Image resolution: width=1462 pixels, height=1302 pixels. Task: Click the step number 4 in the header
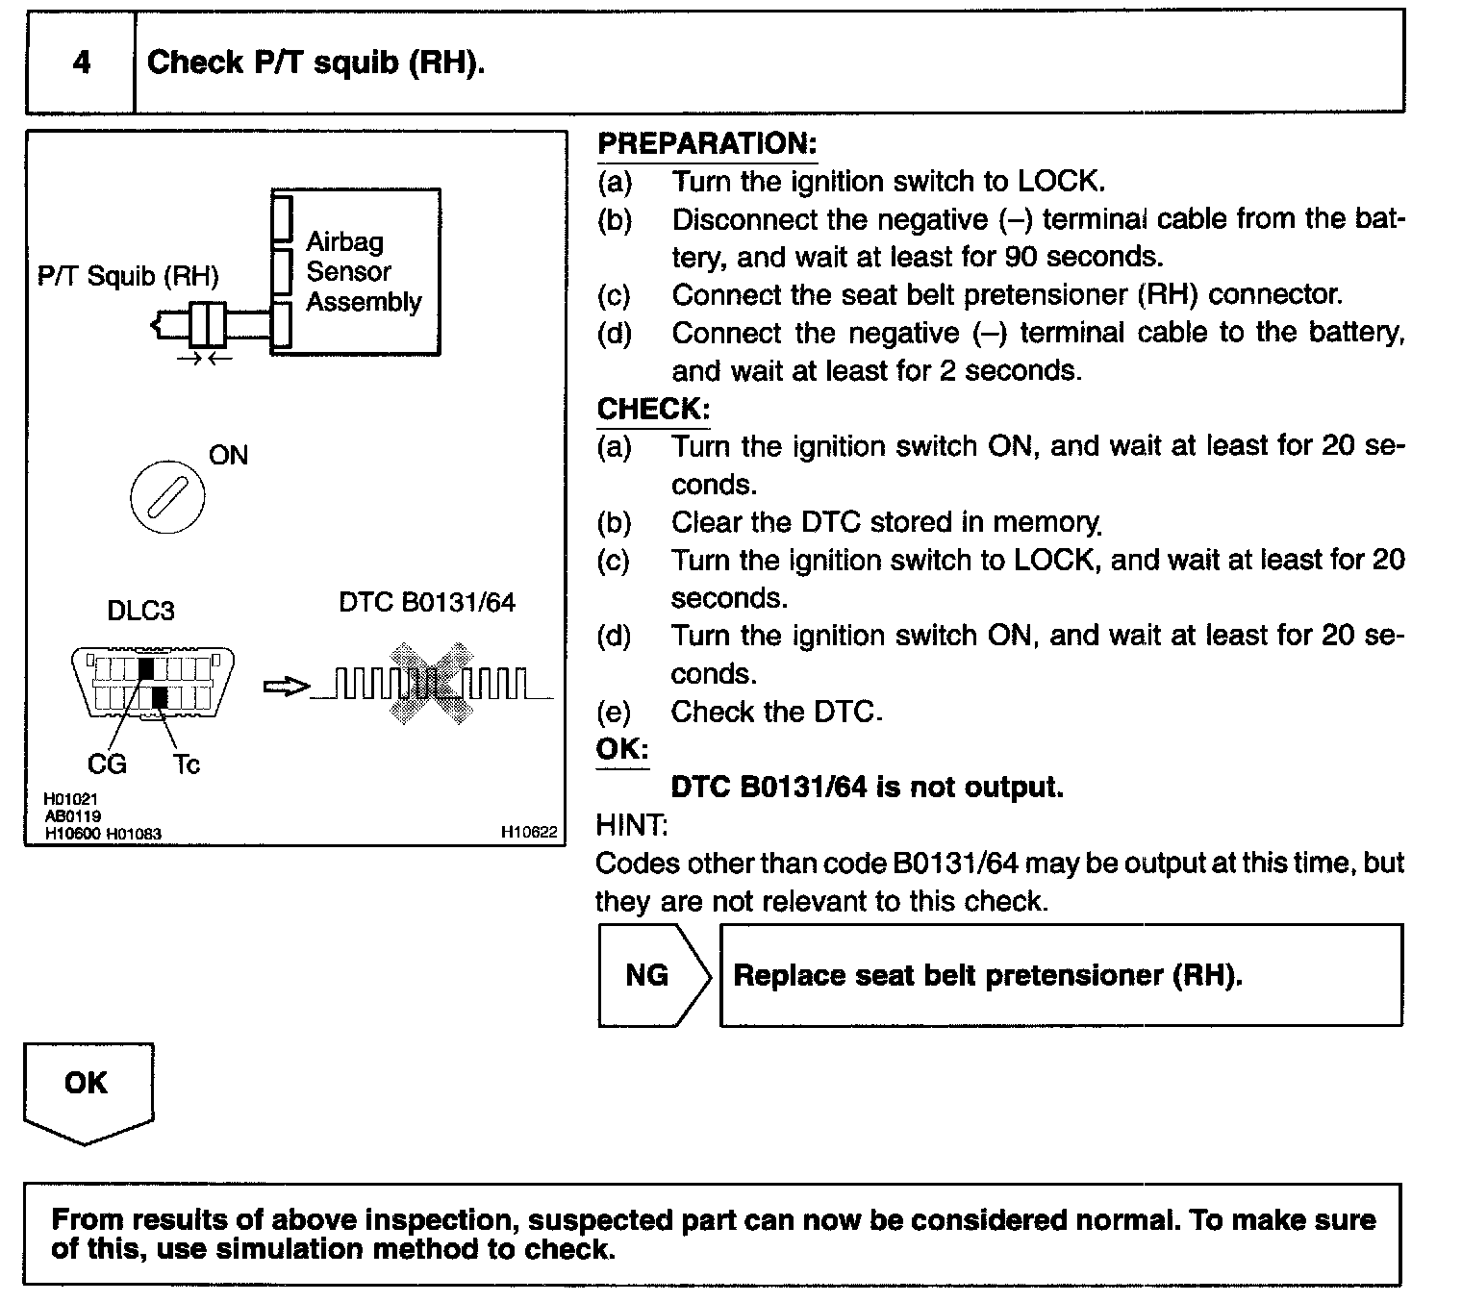point(82,63)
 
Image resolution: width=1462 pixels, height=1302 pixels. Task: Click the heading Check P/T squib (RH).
point(315,63)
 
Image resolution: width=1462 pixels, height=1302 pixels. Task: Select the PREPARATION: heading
point(707,144)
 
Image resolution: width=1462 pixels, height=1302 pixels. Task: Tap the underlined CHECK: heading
point(653,409)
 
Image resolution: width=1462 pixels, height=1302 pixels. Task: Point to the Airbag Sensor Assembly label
point(363,271)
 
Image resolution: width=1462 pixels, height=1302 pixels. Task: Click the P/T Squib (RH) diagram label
point(128,276)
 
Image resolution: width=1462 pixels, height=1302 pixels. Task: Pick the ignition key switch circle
point(167,496)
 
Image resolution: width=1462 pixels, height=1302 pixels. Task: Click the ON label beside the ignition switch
point(228,455)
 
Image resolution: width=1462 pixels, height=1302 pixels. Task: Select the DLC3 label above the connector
point(140,611)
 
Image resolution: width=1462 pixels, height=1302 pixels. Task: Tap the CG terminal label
point(107,764)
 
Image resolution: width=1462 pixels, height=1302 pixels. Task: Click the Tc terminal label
point(187,764)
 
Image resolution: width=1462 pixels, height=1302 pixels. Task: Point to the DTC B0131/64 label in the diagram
point(427,602)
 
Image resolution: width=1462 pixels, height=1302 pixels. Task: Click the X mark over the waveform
point(431,684)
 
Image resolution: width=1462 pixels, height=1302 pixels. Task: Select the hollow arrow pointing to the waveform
point(286,687)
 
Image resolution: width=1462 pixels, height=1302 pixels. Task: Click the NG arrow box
point(651,975)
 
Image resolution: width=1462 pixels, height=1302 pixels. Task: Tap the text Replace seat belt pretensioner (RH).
point(988,975)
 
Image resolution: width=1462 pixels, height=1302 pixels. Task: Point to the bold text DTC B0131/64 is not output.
point(867,788)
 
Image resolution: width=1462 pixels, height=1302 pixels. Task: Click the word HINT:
point(631,825)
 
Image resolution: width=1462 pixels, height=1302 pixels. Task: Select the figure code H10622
point(528,833)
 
